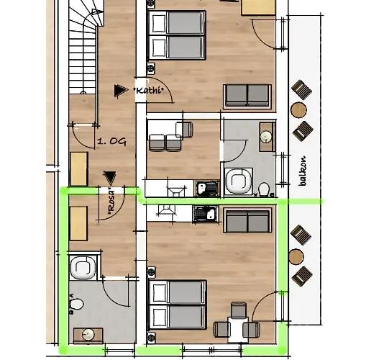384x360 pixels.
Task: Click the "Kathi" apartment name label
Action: [x=148, y=91]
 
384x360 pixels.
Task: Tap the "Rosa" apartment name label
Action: [x=111, y=202]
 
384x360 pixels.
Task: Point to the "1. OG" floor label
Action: [x=111, y=142]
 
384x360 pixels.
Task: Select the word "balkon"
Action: [x=303, y=171]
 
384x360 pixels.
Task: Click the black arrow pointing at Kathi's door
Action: [x=121, y=91]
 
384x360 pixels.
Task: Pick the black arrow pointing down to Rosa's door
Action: [x=109, y=178]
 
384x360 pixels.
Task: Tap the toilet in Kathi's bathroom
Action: [x=264, y=189]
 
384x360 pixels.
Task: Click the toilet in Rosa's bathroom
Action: [x=76, y=304]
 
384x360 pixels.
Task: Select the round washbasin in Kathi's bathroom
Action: [x=266, y=137]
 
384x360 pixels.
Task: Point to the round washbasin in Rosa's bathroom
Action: [x=88, y=335]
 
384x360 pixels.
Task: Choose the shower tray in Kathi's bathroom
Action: [x=239, y=182]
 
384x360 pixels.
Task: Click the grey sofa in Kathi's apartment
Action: [x=247, y=96]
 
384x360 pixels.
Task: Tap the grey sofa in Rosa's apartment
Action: [x=247, y=221]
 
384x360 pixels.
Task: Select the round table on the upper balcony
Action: [x=298, y=109]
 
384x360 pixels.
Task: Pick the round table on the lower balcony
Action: [x=296, y=257]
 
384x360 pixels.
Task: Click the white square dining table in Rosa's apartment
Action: [x=238, y=330]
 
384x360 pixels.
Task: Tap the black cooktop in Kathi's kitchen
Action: [x=207, y=189]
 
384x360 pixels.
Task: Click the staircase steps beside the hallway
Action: [x=82, y=49]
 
